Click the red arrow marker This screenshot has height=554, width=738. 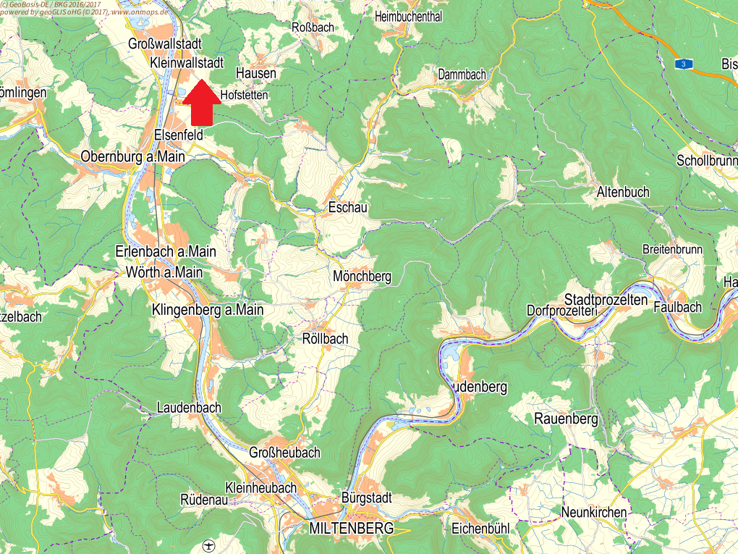tap(201, 103)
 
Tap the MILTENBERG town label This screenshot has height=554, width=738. tap(351, 528)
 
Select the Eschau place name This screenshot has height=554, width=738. tap(348, 208)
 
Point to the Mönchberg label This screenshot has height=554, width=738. tap(362, 276)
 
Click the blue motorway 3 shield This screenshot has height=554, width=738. tap(682, 64)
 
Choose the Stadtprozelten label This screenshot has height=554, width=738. tap(606, 299)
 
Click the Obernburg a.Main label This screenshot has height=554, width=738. tap(133, 156)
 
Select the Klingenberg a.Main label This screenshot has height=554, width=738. tap(208, 310)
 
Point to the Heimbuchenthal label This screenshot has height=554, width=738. tap(409, 17)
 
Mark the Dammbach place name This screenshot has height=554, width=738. tap(462, 74)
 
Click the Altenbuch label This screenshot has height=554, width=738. tap(623, 192)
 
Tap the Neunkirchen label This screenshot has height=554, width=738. tap(594, 513)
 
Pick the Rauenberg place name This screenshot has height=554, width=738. tap(566, 419)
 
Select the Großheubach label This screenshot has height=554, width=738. tap(284, 453)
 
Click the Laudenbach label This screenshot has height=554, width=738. tap(189, 408)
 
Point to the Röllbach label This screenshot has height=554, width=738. tap(325, 338)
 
